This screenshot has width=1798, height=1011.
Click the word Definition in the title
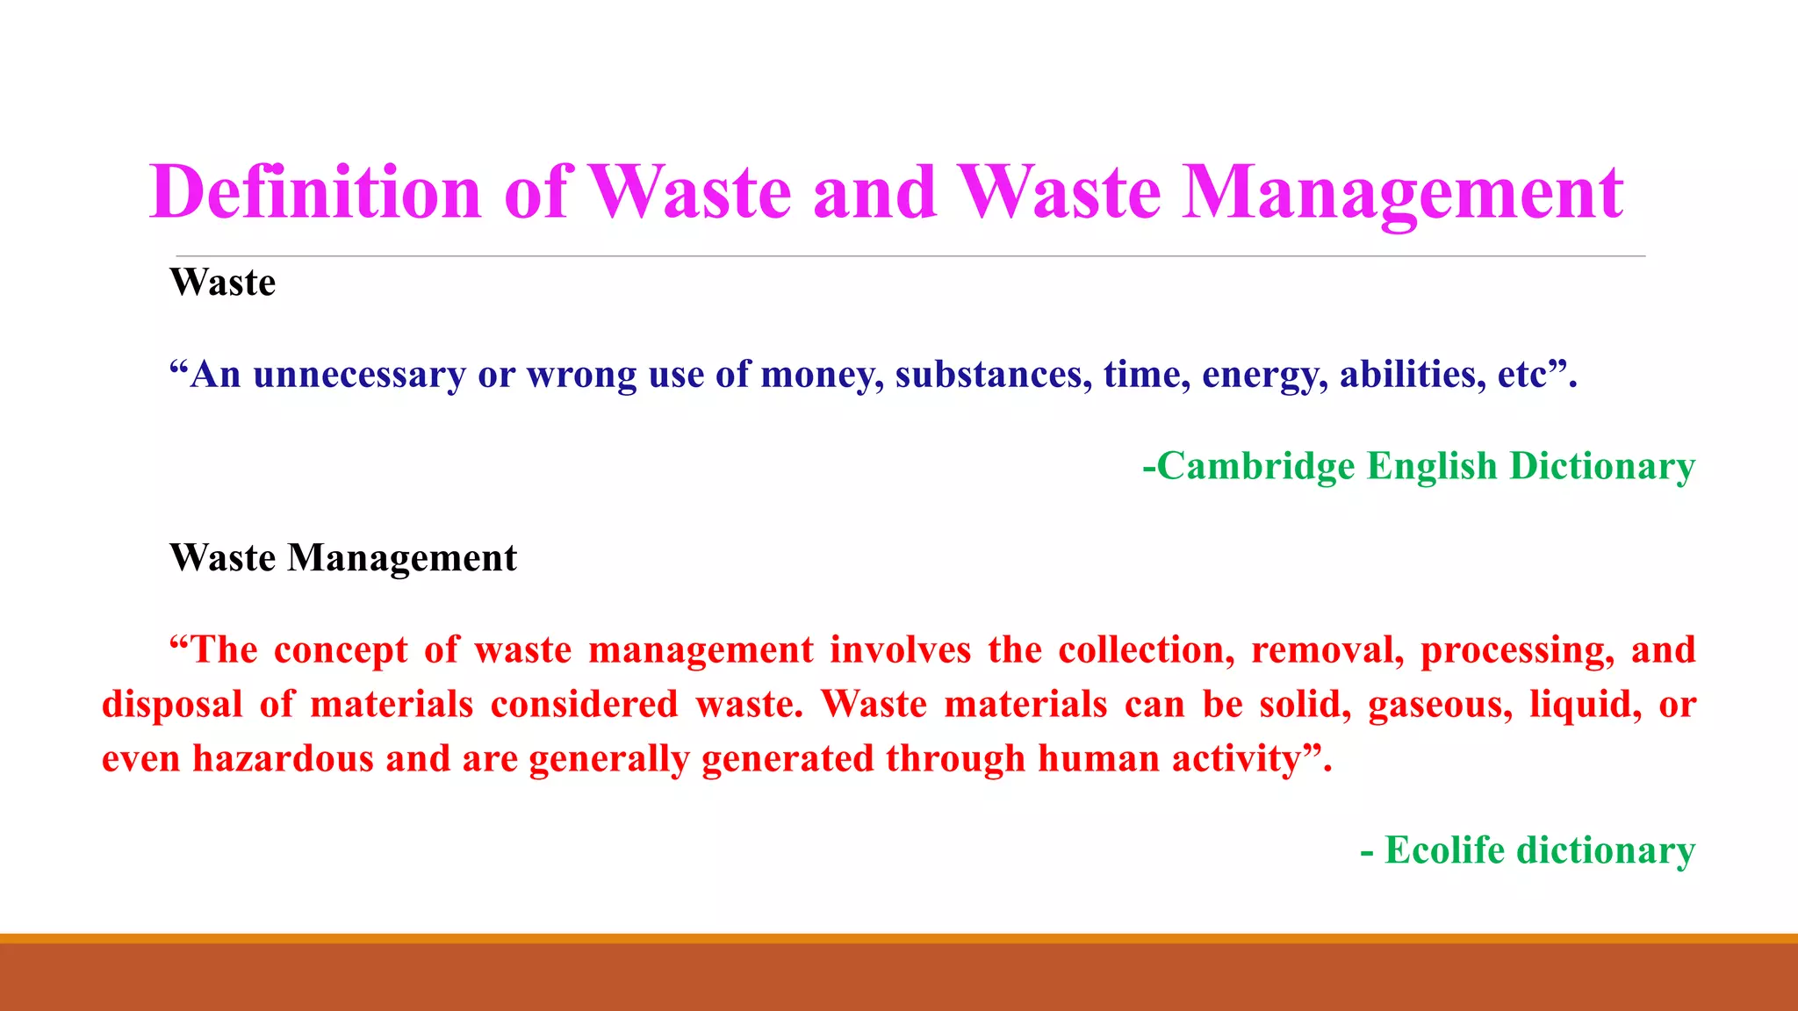[x=316, y=191]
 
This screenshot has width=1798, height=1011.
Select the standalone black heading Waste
[x=223, y=283]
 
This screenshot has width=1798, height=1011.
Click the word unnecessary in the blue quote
[x=359, y=375]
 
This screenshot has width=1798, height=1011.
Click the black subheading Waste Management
[x=343, y=558]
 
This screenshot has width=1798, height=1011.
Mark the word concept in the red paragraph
[x=341, y=650]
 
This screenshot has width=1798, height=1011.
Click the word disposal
[x=172, y=705]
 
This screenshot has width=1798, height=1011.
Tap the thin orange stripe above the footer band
[x=899, y=938]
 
